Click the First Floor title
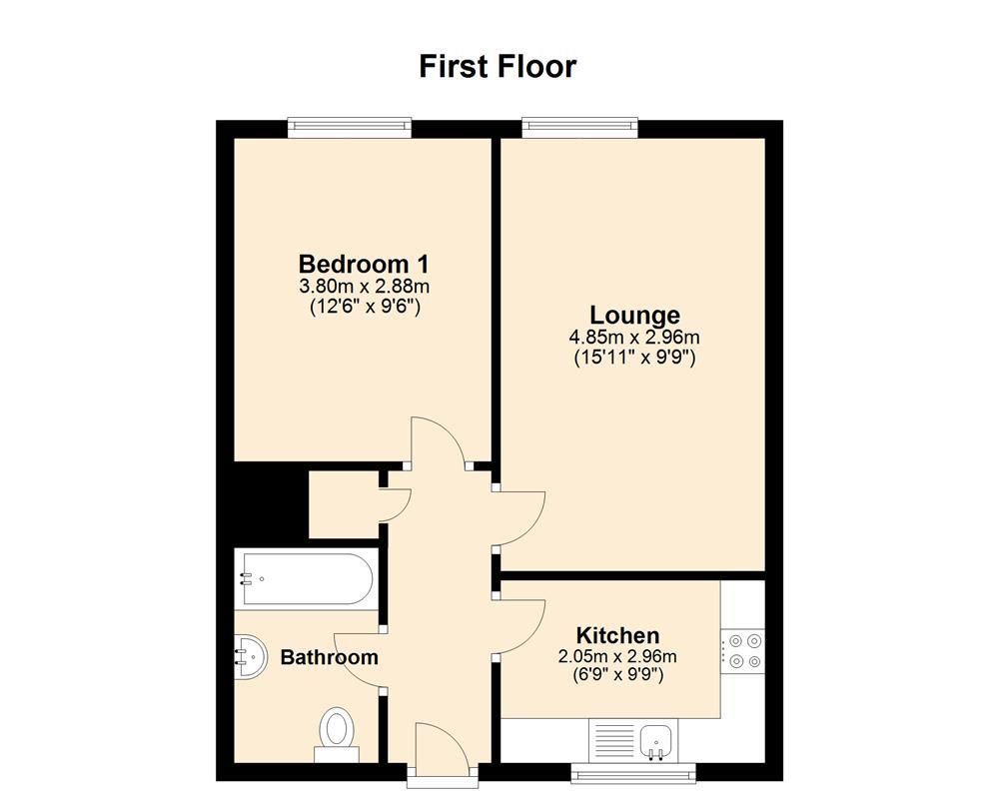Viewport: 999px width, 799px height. tap(497, 67)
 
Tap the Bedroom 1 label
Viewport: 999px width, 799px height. tap(364, 265)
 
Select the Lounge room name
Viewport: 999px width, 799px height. tap(634, 316)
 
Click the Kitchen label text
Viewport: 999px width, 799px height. tap(617, 635)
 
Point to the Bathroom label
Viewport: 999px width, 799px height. tap(329, 657)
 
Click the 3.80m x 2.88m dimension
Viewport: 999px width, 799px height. tap(364, 287)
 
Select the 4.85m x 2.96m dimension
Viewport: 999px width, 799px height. tap(635, 337)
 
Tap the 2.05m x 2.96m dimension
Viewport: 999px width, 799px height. tap(617, 656)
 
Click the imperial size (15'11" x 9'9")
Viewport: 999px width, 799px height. tap(635, 357)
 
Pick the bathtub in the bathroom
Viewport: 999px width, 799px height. tap(305, 579)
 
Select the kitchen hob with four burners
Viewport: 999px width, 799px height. tap(742, 649)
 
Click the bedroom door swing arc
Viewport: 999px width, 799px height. tap(438, 439)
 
